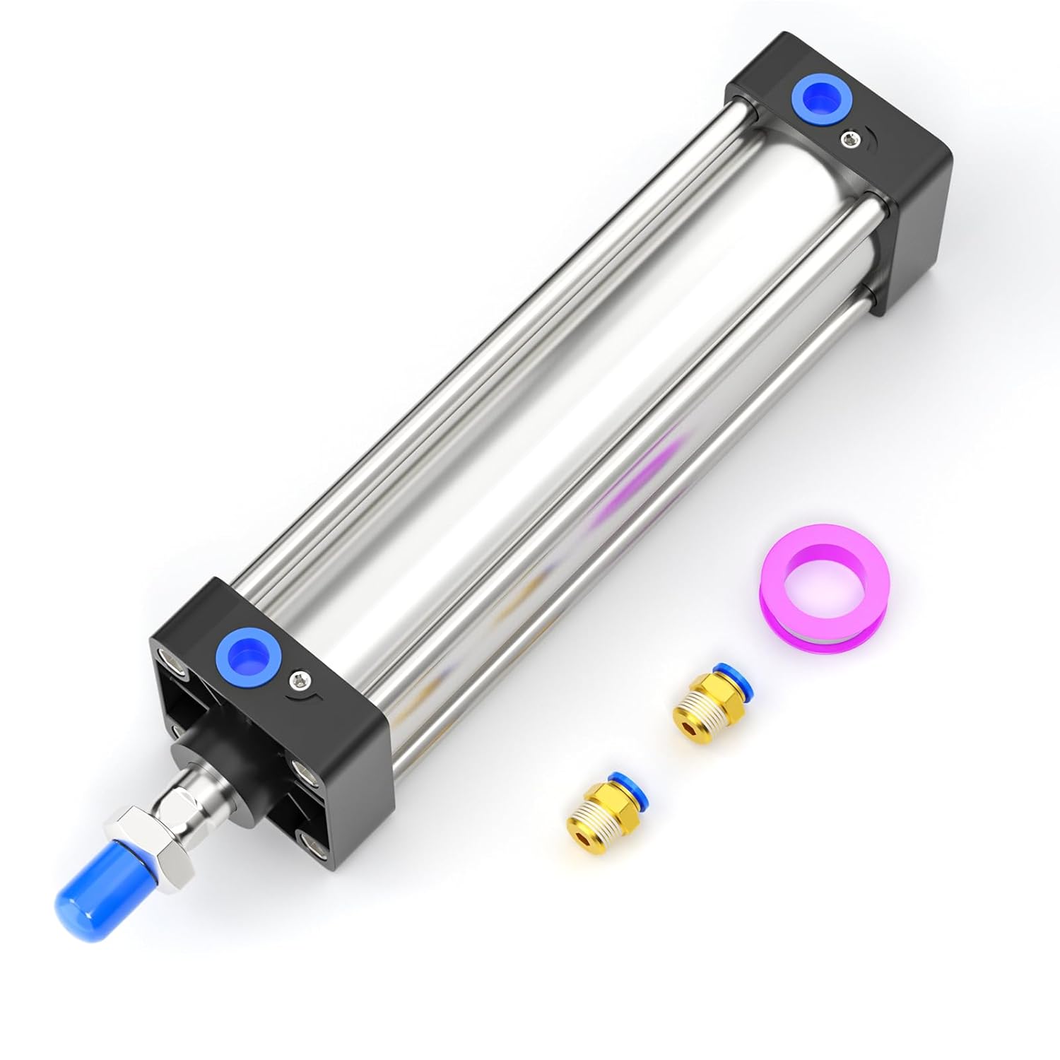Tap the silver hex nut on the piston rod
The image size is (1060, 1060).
(x=129, y=837)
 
